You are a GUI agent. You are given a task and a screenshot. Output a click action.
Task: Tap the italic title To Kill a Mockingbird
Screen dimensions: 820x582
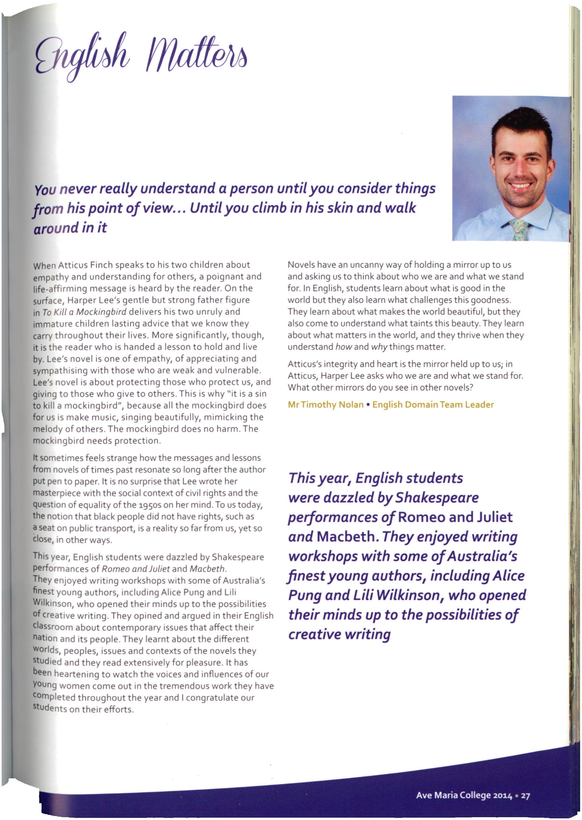pyautogui.click(x=85, y=312)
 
